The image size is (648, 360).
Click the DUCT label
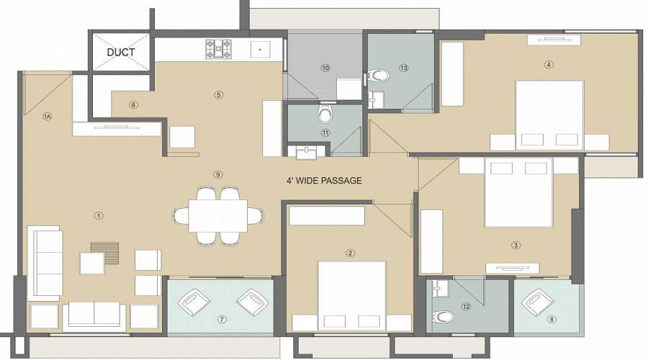point(121,53)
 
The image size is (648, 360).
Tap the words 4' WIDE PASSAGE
point(324,181)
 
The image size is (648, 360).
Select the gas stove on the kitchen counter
point(219,49)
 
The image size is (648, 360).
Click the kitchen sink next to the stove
point(260,50)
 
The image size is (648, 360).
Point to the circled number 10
point(325,68)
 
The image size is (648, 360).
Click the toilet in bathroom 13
point(379,75)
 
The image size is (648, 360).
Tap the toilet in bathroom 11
point(325,114)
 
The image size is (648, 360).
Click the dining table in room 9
point(218,216)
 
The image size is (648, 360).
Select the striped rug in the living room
point(104,253)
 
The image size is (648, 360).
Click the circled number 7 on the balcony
point(222,319)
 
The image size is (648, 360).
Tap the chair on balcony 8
point(536,302)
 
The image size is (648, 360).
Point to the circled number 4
point(549,65)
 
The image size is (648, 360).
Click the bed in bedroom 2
point(351,295)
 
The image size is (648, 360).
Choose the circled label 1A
point(48,116)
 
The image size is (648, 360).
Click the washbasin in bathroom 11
point(306,152)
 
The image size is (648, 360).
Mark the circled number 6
point(133,105)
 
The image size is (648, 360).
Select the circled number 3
point(516,245)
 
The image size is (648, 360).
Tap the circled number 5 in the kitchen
point(219,94)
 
